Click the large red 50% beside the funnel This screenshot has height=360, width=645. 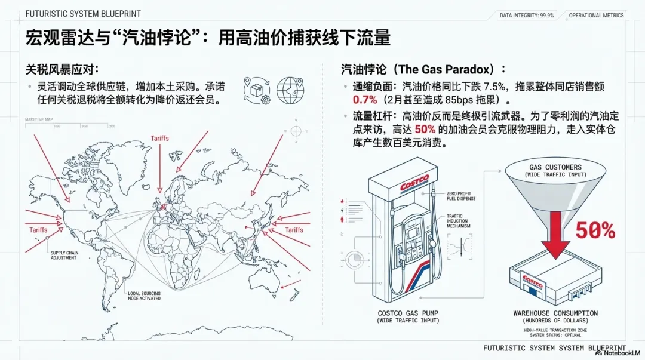(x=595, y=230)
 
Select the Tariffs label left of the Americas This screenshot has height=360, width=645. (x=38, y=229)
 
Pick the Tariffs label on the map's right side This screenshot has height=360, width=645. (x=294, y=230)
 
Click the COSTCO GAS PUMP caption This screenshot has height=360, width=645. (x=408, y=313)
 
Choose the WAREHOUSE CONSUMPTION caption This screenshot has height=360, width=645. (x=555, y=313)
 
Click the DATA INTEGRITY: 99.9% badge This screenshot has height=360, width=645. (x=526, y=16)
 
